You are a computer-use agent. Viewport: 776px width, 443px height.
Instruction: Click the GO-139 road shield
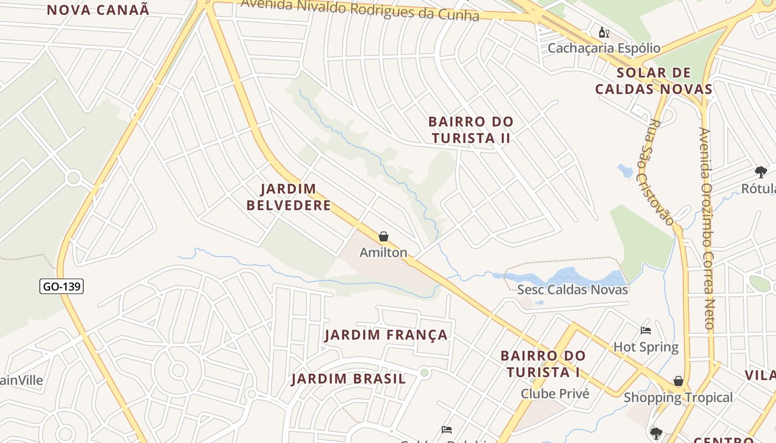coord(62,286)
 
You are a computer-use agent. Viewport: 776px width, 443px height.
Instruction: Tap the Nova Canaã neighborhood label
coord(98,9)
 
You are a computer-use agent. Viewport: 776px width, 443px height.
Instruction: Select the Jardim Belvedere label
coord(288,197)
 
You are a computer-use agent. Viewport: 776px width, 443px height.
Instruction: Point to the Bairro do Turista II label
coord(471,130)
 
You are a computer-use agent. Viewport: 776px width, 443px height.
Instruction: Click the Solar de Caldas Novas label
coord(654,81)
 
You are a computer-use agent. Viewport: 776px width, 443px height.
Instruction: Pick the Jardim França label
coord(386,334)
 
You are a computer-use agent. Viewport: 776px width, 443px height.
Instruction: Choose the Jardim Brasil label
coord(349,379)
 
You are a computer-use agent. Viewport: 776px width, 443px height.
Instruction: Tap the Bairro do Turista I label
coord(543,363)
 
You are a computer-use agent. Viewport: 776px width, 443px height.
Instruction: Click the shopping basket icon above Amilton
coord(384,237)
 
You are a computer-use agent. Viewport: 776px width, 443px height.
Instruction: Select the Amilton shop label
coord(383,253)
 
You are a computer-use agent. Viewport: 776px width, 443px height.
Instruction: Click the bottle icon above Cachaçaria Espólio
coord(604,33)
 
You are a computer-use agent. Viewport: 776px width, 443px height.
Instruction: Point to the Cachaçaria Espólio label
coord(604,48)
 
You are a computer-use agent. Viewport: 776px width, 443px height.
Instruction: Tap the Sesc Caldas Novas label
coord(572,290)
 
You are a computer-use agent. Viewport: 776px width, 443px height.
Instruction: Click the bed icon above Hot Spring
coord(646,331)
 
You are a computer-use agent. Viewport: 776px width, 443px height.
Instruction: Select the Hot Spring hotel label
coord(646,347)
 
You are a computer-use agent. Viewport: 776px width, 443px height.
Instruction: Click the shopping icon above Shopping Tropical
coord(678,381)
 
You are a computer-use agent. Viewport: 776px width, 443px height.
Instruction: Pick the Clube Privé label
coord(555,394)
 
